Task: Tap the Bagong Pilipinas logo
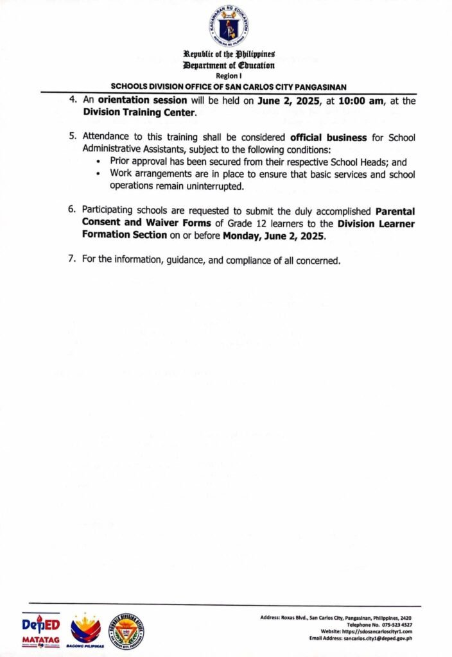(85, 631)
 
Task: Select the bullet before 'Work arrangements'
(98, 175)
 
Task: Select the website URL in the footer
(378, 631)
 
